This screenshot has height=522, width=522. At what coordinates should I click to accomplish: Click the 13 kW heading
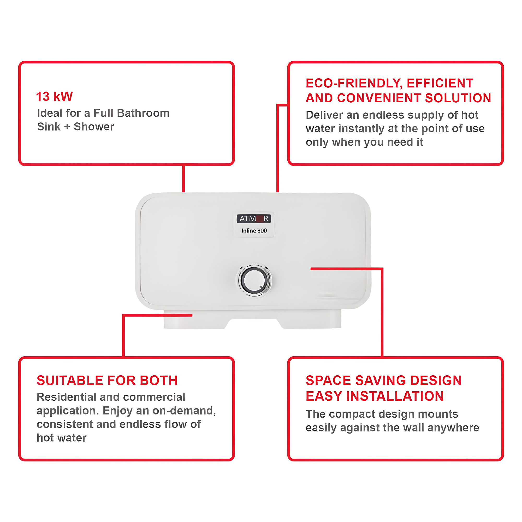[54, 97]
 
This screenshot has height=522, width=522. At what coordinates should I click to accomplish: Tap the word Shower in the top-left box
[94, 127]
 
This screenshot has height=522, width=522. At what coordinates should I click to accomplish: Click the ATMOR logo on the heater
[254, 218]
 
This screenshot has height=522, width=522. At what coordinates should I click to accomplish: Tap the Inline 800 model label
[254, 230]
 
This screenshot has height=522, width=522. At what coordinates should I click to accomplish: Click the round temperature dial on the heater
[254, 280]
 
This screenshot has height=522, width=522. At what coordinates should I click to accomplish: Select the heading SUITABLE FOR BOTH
[107, 381]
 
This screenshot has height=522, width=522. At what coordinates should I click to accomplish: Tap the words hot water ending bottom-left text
[62, 438]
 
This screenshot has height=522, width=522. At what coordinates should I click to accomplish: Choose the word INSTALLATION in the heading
[395, 396]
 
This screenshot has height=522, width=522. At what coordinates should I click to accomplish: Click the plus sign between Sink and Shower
[67, 127]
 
